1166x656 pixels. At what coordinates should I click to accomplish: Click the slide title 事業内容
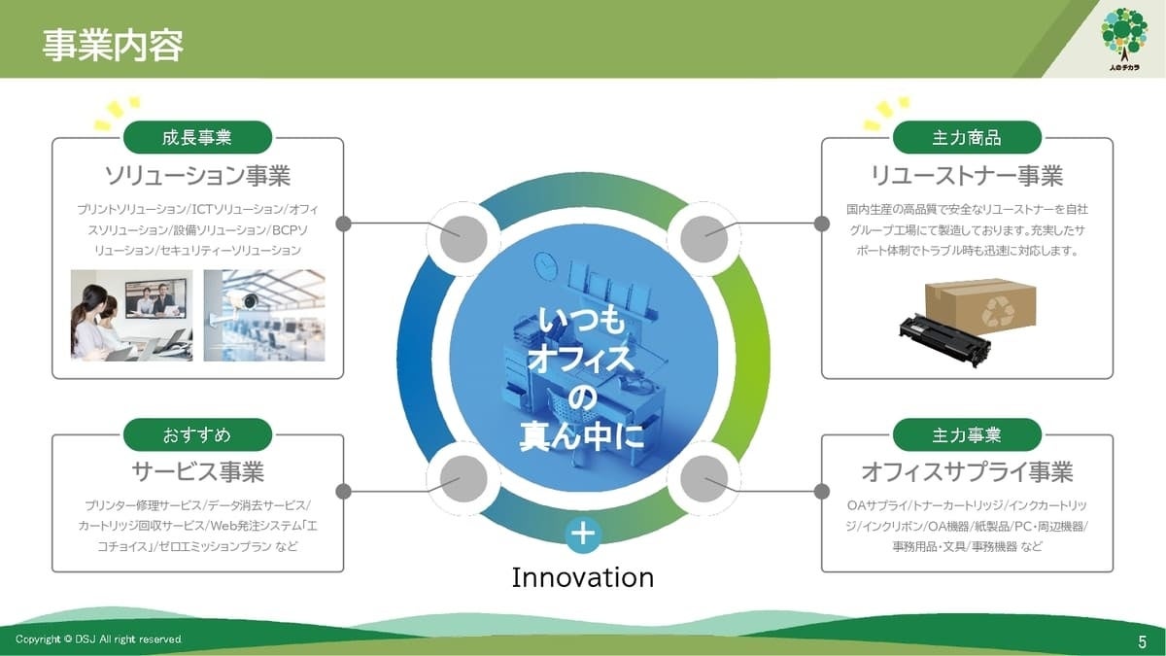click(113, 46)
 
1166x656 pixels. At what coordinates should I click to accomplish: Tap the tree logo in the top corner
click(1124, 39)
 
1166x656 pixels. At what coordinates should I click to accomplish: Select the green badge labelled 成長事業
click(197, 137)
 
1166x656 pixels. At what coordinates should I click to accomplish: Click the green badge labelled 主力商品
click(967, 137)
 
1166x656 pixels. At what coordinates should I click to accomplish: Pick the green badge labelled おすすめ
click(197, 434)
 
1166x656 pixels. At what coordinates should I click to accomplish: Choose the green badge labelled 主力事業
click(967, 434)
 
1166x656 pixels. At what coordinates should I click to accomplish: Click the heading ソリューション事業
click(198, 176)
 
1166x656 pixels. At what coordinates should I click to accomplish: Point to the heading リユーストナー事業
click(967, 176)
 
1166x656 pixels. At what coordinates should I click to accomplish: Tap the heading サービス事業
click(198, 471)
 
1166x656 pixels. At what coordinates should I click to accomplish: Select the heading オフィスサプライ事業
click(967, 471)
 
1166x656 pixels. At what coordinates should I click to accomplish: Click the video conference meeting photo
click(132, 316)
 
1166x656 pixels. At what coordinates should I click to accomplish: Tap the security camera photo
click(264, 316)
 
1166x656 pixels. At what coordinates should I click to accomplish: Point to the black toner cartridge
click(944, 340)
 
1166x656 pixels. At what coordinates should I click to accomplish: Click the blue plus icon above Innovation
click(583, 535)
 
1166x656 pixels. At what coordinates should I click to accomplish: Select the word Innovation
click(583, 578)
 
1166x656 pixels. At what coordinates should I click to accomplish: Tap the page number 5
click(1142, 641)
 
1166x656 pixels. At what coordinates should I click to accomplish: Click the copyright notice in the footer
click(98, 639)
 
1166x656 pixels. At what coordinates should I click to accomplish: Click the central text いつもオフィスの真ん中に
click(582, 378)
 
